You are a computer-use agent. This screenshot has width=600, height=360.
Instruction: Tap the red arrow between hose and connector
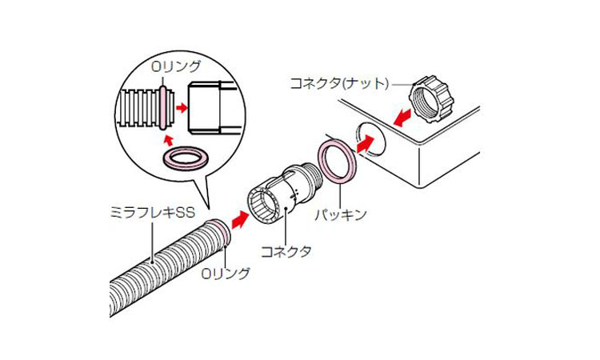click(x=239, y=216)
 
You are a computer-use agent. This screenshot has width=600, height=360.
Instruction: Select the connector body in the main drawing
click(x=272, y=200)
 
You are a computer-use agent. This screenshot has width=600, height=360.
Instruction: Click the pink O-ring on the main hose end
click(x=222, y=233)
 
